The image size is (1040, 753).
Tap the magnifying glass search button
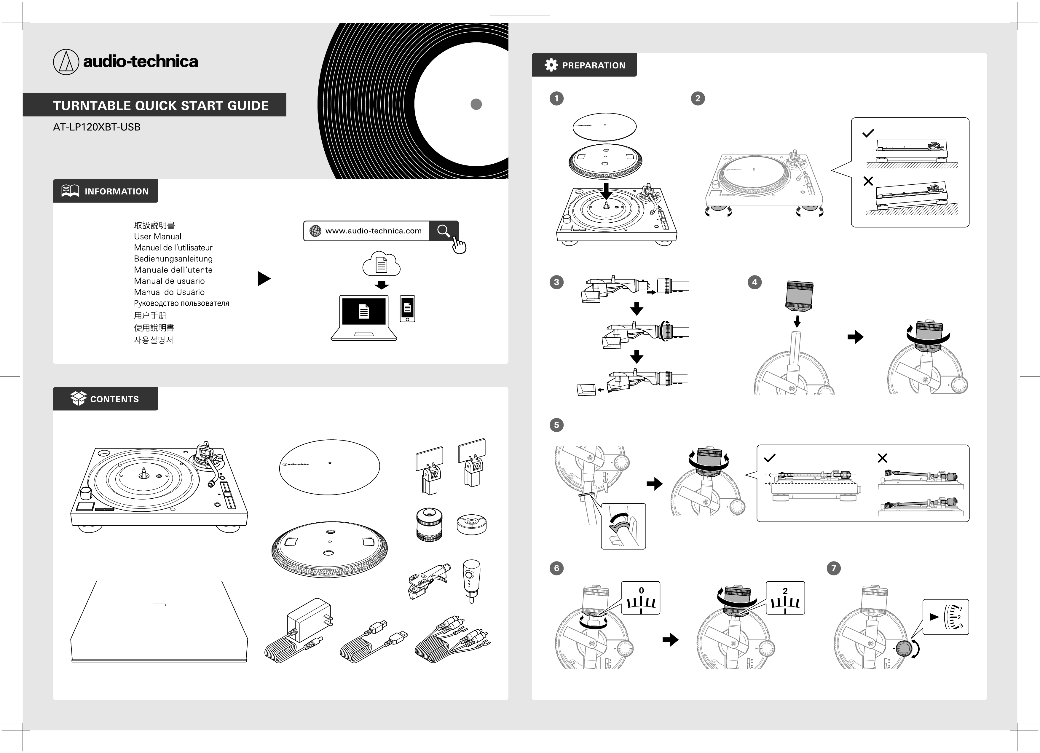tap(443, 231)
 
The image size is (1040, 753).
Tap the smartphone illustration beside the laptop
tap(407, 309)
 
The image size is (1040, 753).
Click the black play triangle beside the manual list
tap(264, 278)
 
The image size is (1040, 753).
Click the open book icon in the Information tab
tap(70, 191)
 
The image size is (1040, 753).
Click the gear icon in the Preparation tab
tap(551, 65)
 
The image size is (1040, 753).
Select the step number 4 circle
tap(754, 282)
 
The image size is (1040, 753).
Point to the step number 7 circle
tap(834, 568)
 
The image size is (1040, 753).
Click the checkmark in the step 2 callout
tap(868, 133)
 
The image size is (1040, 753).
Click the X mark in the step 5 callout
tap(882, 458)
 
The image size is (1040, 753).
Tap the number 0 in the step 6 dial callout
tap(641, 591)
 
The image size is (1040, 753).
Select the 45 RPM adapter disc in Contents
tap(471, 524)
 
